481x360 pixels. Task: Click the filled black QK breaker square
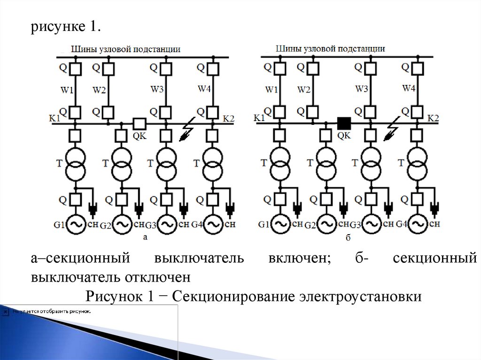click(344, 123)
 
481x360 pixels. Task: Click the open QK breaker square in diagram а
click(139, 123)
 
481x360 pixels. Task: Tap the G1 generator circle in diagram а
click(76, 224)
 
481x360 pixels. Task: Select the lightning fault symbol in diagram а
click(188, 133)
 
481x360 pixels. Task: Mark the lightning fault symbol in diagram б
click(391, 133)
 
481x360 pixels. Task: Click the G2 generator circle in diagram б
click(326, 224)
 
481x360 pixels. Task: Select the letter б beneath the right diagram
click(348, 238)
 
